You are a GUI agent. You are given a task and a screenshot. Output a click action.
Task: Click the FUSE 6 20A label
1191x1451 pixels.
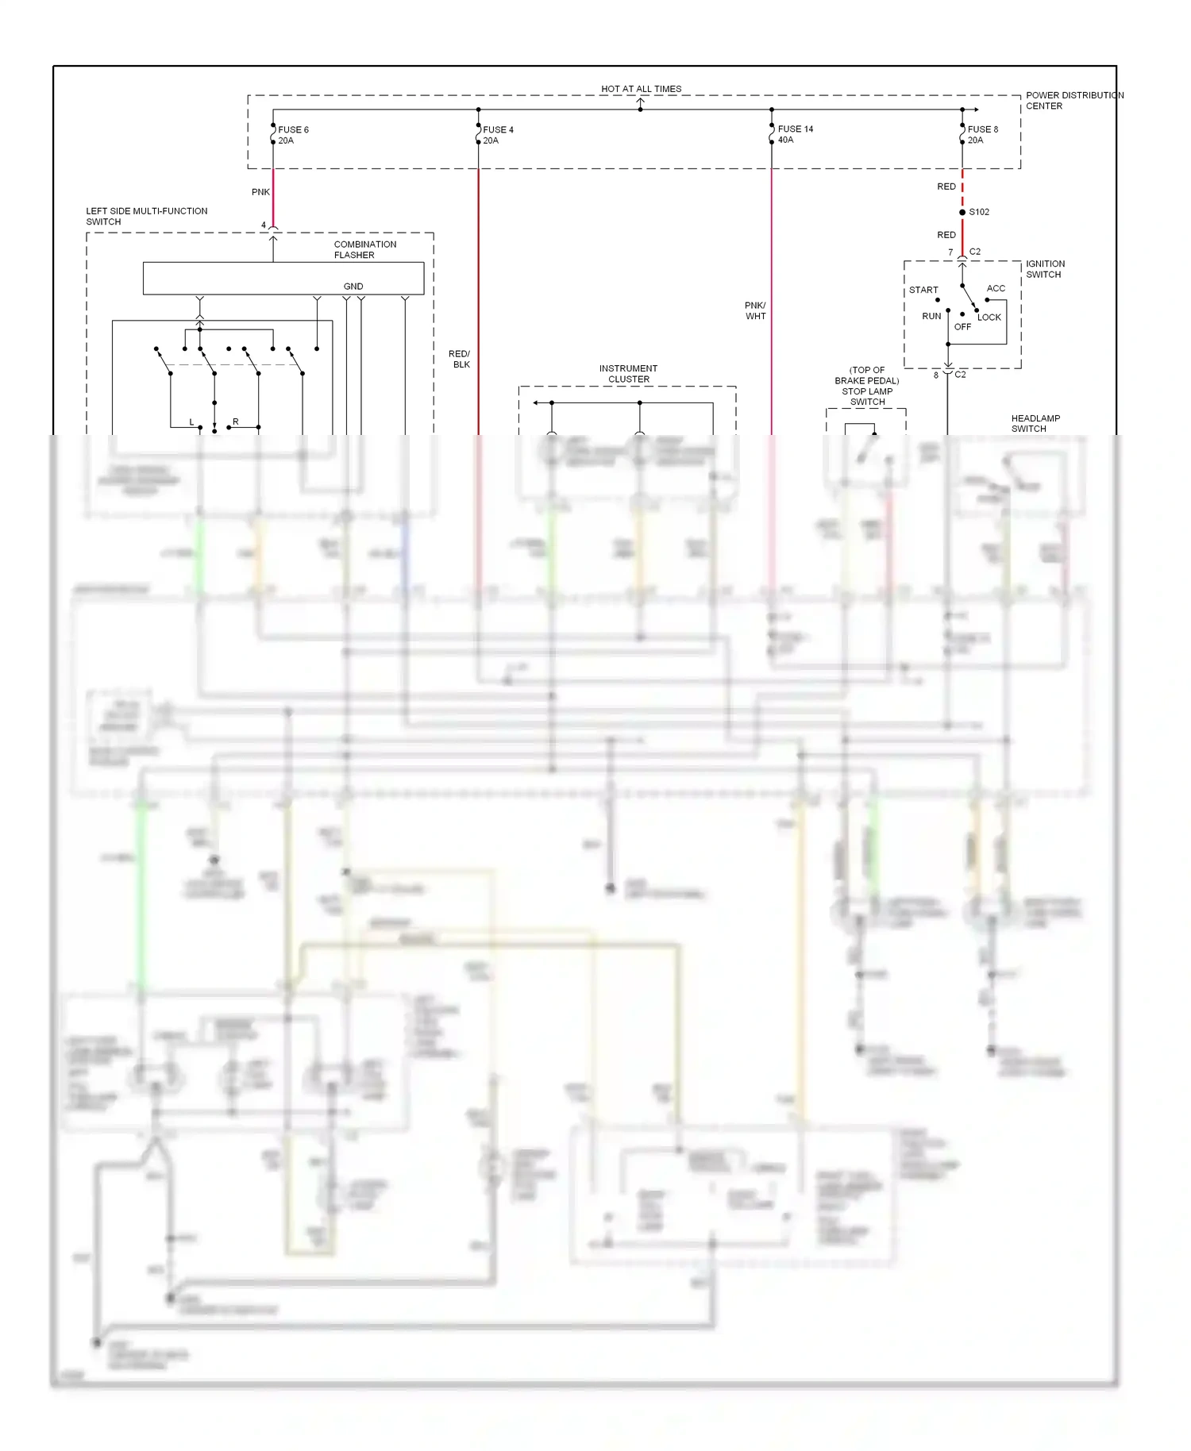pos(292,135)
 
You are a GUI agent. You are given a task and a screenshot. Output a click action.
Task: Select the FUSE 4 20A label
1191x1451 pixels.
pos(497,135)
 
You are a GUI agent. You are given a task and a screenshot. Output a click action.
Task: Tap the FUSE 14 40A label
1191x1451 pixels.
pos(794,134)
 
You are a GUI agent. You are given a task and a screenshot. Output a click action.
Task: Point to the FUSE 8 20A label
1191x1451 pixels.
pos(982,135)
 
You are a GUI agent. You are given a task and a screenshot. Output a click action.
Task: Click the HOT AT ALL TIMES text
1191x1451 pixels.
pos(641,89)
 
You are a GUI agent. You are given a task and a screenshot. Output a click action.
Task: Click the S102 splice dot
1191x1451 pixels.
pos(962,212)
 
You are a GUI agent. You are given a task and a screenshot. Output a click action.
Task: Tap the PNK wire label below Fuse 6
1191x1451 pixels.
pos(260,192)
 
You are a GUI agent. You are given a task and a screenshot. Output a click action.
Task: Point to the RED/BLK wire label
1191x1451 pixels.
pos(460,359)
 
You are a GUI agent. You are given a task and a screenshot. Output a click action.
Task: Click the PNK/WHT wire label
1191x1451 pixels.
pos(755,310)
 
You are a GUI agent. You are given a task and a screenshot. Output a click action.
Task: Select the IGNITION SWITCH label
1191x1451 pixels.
pos(1045,269)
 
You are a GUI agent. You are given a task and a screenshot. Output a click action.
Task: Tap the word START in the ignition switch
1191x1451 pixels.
pos(923,290)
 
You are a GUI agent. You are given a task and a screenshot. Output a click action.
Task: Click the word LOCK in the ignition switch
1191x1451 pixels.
pos(989,317)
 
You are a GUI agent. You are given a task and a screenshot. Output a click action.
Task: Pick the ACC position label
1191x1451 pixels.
pos(996,288)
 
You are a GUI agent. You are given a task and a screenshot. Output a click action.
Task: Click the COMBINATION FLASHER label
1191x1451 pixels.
pos(364,249)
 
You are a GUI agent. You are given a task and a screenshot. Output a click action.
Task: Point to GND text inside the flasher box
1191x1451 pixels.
pos(353,287)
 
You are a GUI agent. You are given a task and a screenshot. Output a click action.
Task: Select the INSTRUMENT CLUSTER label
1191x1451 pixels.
pos(628,374)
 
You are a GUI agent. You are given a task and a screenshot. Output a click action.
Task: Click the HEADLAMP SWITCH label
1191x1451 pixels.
pos(1035,423)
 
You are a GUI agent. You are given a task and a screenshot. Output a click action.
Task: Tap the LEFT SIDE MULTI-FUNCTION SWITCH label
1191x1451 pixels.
pos(146,216)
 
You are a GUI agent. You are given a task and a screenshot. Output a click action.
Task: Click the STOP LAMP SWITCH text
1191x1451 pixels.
pos(867,396)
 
